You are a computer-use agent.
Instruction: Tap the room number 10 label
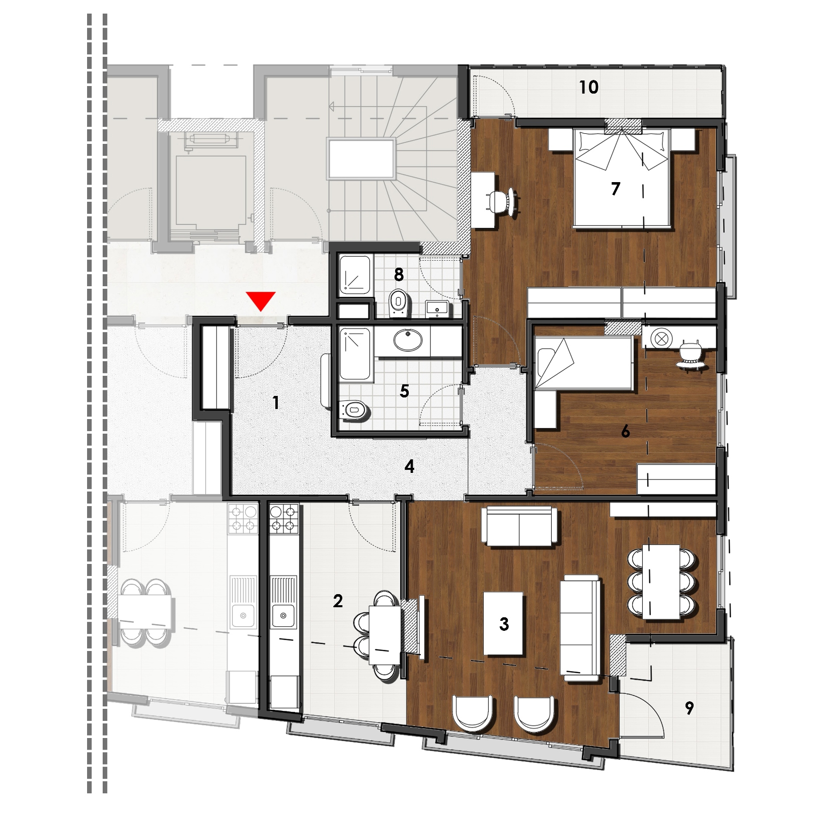point(588,88)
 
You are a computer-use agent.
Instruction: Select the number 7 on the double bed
point(615,189)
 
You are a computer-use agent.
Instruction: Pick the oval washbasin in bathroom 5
point(408,341)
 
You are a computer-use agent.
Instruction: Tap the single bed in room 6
point(584,363)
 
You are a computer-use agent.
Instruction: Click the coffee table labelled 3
point(503,623)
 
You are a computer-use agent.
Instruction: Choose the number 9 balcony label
point(689,708)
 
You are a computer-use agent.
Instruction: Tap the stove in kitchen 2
point(284,519)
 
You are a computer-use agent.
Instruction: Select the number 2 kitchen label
point(338,601)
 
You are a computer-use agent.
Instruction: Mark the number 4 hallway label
point(409,467)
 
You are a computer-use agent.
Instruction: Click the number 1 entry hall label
point(275,402)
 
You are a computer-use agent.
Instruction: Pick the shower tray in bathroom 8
point(356,275)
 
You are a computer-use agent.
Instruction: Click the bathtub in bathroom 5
point(355,354)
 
